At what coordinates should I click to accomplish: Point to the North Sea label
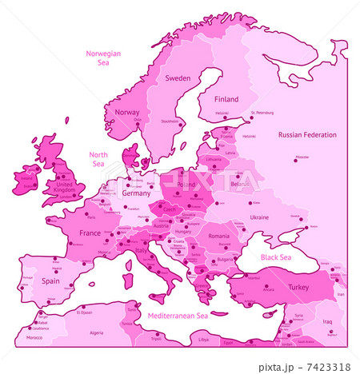[x=98, y=159]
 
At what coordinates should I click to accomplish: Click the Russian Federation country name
[x=307, y=135]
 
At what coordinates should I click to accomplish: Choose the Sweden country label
[x=178, y=78]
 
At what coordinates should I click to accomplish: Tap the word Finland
[x=226, y=99]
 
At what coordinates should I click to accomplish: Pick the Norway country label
[x=127, y=113]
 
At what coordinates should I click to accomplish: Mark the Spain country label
[x=51, y=281]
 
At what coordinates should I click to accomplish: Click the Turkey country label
[x=298, y=287]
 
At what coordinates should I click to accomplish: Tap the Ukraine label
[x=260, y=217]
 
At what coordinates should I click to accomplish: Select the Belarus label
[x=240, y=184]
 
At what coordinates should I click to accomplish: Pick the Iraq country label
[x=327, y=321]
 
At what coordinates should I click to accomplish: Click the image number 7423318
[x=330, y=366]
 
